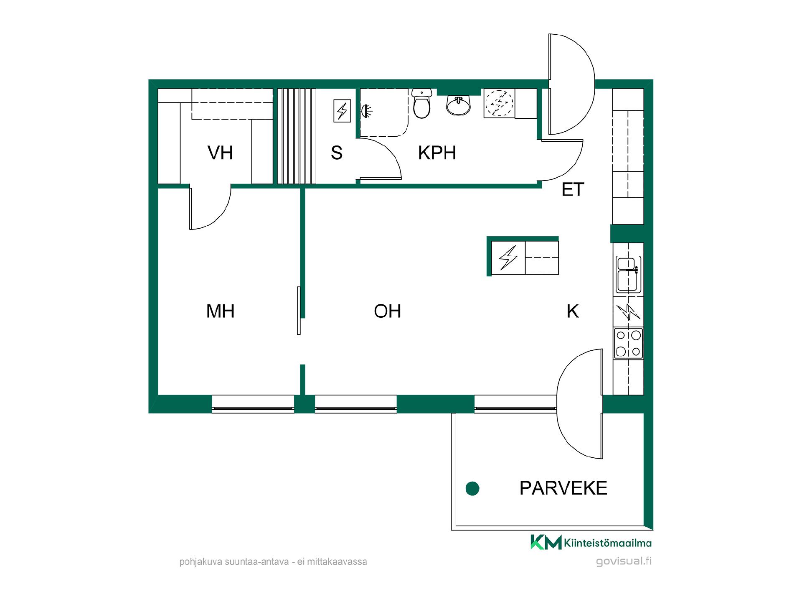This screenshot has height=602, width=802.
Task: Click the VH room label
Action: (x=220, y=153)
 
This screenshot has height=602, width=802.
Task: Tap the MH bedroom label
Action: (x=220, y=311)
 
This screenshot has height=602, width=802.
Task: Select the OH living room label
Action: (x=387, y=311)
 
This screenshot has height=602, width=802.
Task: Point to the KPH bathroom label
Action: (x=437, y=153)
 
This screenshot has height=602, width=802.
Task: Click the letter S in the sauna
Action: (x=337, y=153)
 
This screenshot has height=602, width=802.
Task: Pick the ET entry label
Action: (x=573, y=189)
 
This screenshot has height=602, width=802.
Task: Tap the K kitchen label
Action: (x=573, y=311)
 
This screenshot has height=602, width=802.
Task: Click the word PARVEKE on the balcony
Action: (x=563, y=488)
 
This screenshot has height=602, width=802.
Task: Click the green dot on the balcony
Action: (x=472, y=488)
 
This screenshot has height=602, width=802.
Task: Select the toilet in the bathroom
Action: (x=421, y=103)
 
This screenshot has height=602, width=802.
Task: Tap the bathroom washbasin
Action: (x=459, y=105)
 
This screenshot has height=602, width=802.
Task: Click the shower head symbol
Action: (x=367, y=111)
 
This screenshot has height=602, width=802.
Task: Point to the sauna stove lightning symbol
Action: (x=342, y=111)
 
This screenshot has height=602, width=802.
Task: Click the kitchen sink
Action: (x=629, y=274)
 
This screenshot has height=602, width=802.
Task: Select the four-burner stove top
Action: (x=628, y=343)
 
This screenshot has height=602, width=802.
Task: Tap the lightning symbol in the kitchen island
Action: (x=508, y=258)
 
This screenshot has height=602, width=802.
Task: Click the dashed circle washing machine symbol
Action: (x=499, y=103)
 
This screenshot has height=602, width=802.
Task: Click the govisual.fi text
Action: (x=624, y=561)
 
